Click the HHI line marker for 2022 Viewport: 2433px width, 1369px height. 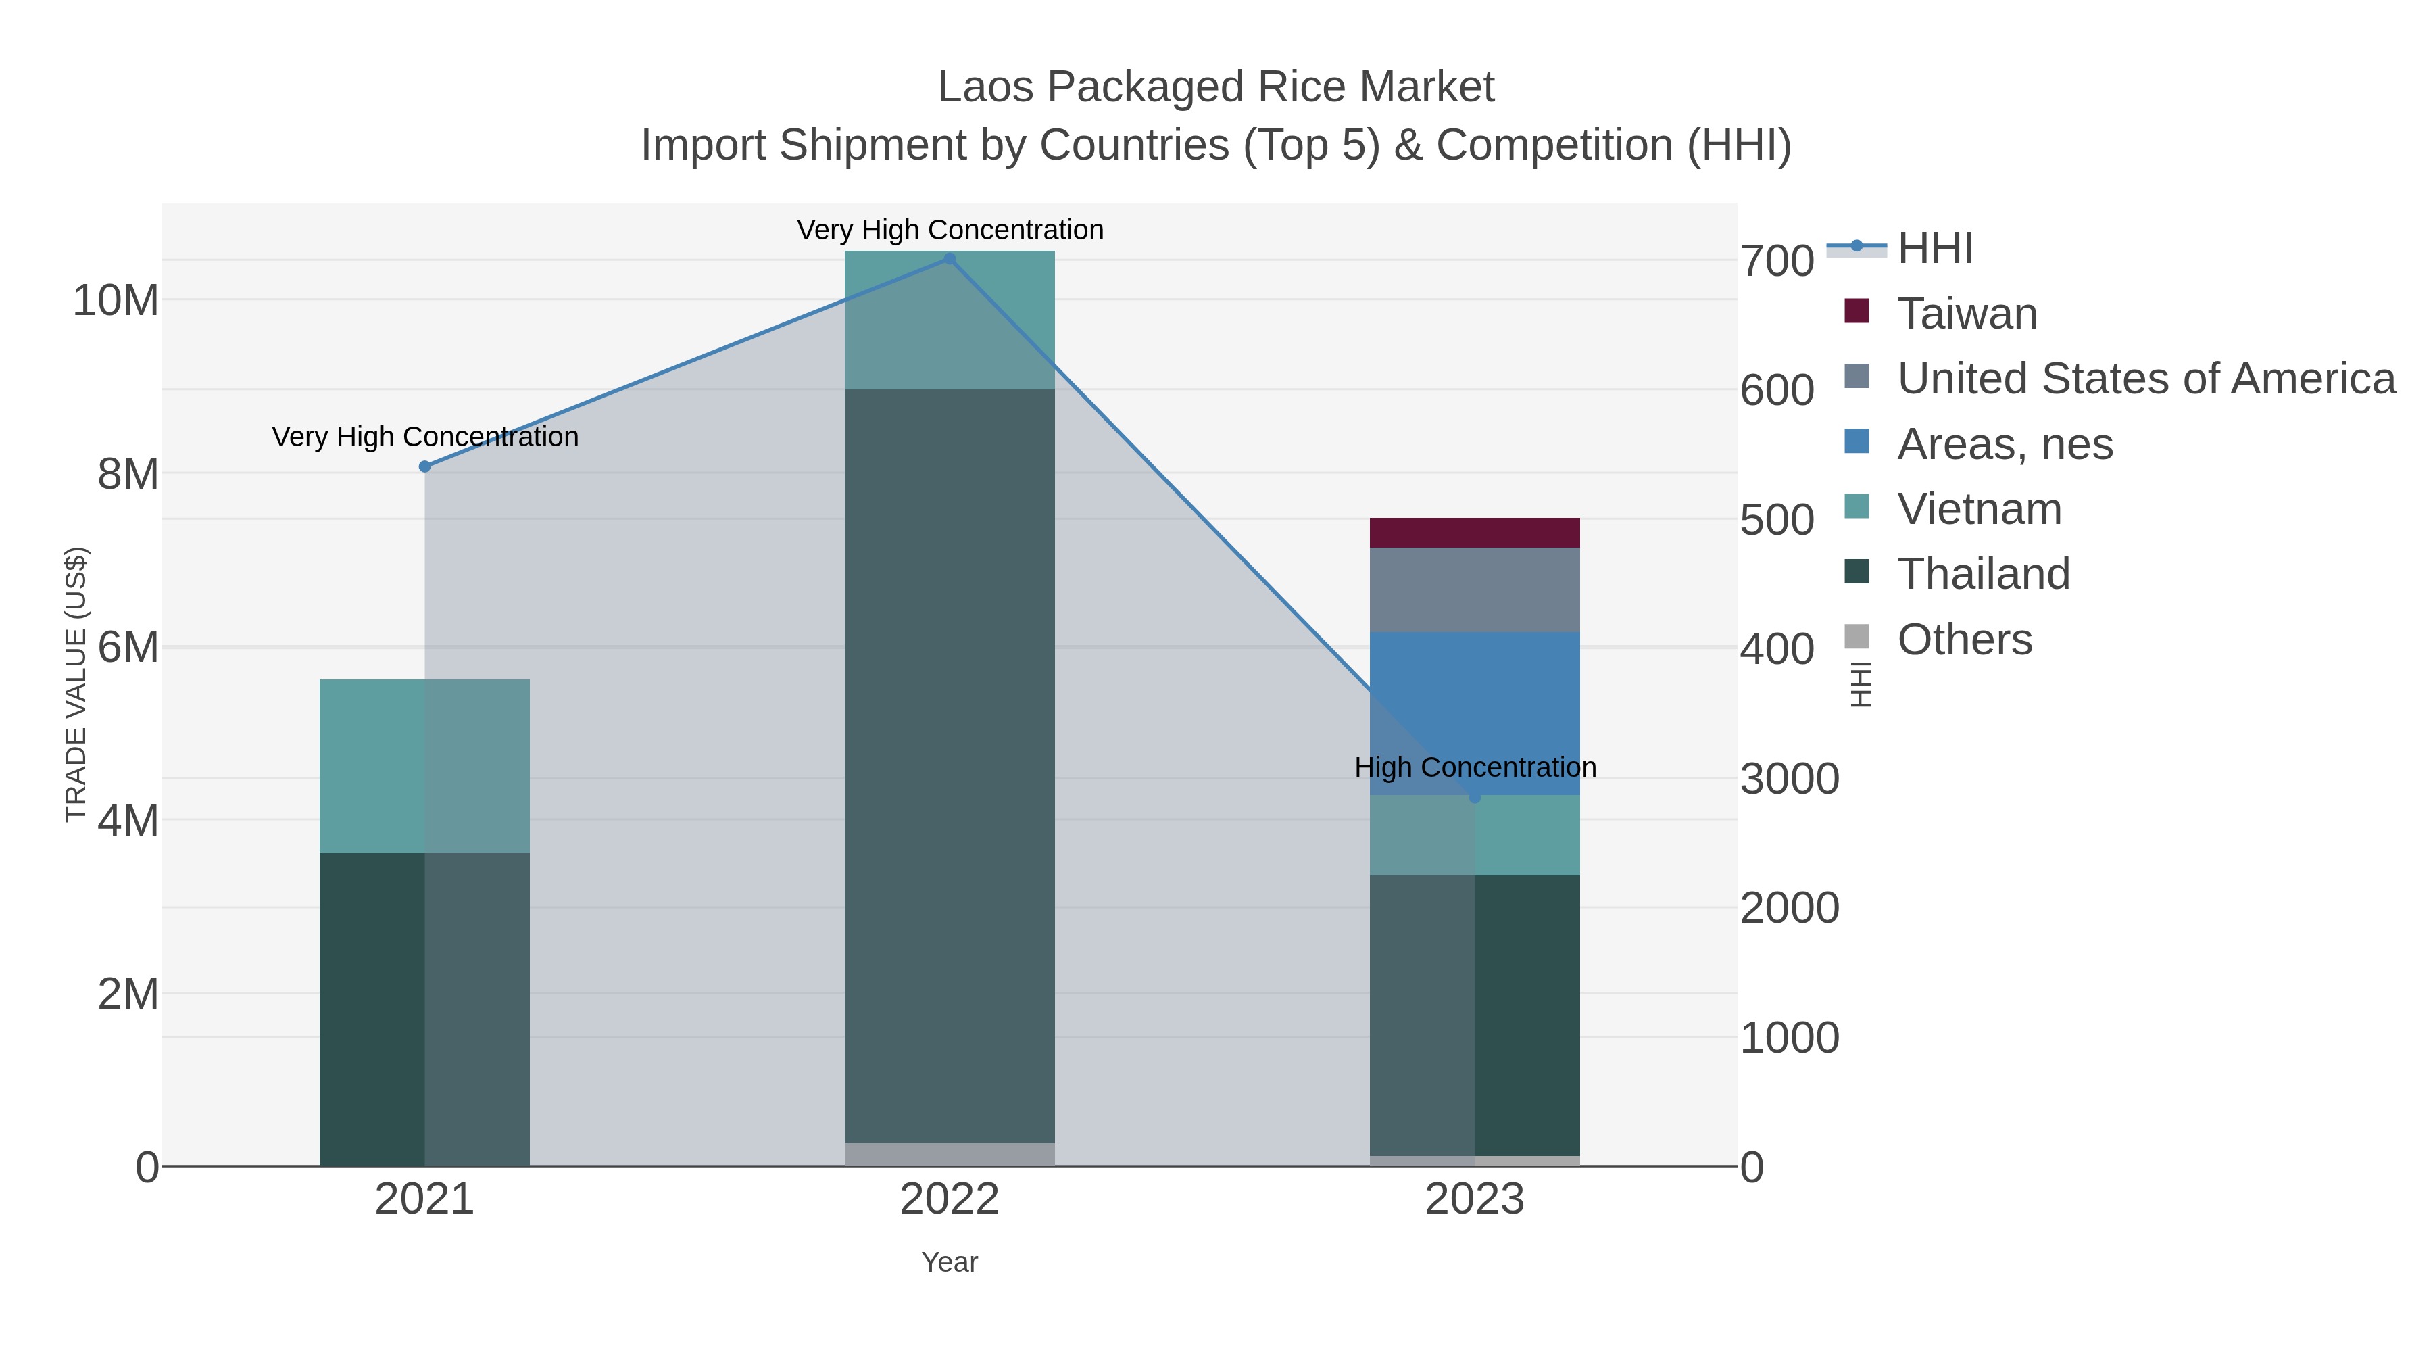(x=950, y=259)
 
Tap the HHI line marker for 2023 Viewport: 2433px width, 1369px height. (x=1475, y=798)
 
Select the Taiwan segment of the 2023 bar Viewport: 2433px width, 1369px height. (x=1475, y=533)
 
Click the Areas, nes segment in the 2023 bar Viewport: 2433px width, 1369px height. (x=1475, y=713)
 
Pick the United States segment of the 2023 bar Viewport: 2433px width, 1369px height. (x=1475, y=590)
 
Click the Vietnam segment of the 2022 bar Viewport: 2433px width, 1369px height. (x=950, y=319)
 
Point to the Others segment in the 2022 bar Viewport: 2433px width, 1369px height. (x=950, y=1155)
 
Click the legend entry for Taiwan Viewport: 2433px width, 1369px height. (x=1967, y=314)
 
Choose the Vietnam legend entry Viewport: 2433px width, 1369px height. (x=1979, y=509)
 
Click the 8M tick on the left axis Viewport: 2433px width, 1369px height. (x=128, y=475)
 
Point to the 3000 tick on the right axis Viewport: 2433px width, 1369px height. (x=1789, y=779)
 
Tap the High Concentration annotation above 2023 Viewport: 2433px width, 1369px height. (x=1475, y=767)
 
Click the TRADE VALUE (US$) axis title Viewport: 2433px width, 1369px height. (x=76, y=684)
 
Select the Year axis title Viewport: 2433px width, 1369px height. (x=950, y=1262)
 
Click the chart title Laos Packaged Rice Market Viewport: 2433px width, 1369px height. (x=1216, y=87)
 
